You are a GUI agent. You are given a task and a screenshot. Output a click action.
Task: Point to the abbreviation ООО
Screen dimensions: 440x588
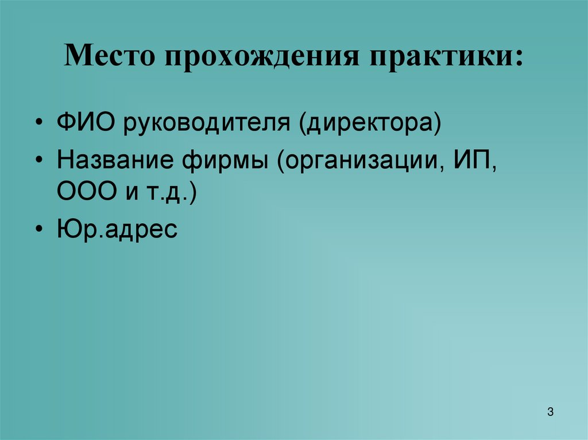coord(86,192)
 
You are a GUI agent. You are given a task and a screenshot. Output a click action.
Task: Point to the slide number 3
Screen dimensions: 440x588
coord(550,412)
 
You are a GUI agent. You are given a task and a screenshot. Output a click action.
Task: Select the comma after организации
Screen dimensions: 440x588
coord(446,169)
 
